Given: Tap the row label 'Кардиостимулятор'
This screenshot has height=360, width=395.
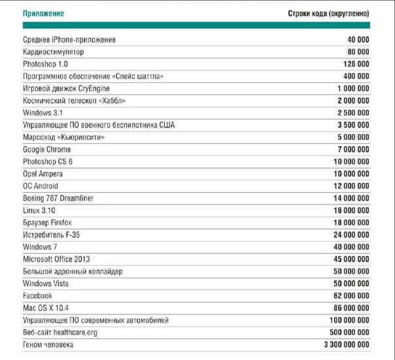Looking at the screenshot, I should [x=53, y=52].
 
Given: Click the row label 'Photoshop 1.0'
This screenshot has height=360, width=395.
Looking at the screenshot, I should [x=45, y=64].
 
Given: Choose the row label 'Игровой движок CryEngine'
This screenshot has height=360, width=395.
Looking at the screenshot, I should [x=66, y=88].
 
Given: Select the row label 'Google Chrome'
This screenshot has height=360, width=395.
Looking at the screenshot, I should [x=47, y=150].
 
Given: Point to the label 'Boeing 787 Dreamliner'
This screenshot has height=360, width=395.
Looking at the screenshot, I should [x=60, y=198].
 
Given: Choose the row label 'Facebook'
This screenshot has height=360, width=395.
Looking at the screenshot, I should [x=38, y=295].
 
